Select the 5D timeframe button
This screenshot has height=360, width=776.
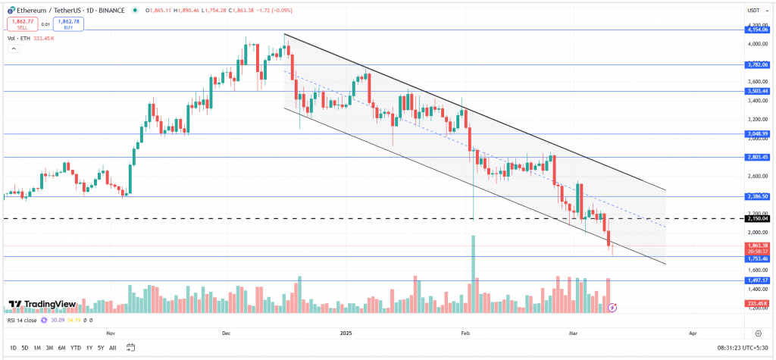pos(25,347)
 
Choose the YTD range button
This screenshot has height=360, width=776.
pos(75,347)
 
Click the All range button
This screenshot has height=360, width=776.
pos(113,347)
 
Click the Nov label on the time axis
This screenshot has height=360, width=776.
pos(111,333)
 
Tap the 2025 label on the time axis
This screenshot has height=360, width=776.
pos(347,333)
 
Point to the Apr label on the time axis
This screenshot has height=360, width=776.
pos(692,333)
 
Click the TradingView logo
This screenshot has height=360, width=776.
pos(42,305)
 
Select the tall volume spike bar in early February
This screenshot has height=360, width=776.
pos(474,273)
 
